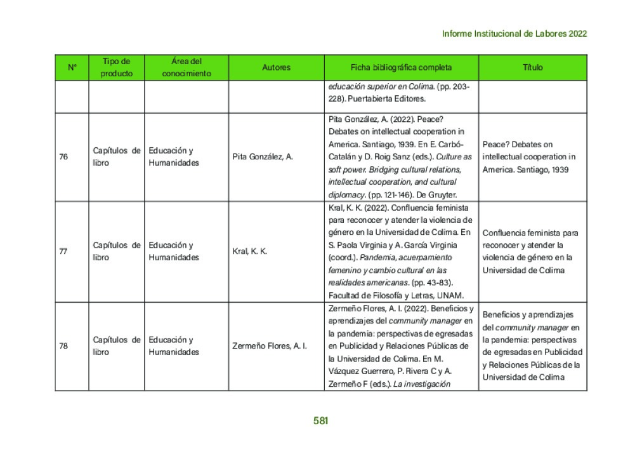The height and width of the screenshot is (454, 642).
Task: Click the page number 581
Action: tap(320, 421)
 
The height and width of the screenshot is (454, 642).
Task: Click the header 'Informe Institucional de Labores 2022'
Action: tap(514, 34)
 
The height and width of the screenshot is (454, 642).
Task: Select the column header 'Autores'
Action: tap(276, 67)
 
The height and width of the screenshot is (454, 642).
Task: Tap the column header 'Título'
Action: tap(532, 67)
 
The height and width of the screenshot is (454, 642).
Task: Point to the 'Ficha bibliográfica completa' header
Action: tap(401, 67)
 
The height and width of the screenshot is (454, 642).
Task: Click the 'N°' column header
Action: tap(72, 67)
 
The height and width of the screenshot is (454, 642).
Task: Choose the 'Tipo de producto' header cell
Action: tap(116, 67)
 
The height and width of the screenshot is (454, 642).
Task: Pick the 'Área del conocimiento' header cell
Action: tap(186, 67)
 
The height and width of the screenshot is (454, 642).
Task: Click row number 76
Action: tap(63, 157)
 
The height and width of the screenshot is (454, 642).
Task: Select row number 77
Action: tap(63, 251)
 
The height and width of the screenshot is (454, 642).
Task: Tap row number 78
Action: tap(63, 346)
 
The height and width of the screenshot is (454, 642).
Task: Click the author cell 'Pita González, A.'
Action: tap(263, 157)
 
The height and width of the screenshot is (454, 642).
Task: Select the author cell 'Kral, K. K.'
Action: tap(250, 251)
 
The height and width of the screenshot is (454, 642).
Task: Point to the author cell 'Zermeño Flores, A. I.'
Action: tap(270, 346)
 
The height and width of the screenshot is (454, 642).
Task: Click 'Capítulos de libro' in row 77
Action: tap(116, 251)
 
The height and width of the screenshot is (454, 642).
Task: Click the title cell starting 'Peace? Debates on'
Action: tap(528, 157)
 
